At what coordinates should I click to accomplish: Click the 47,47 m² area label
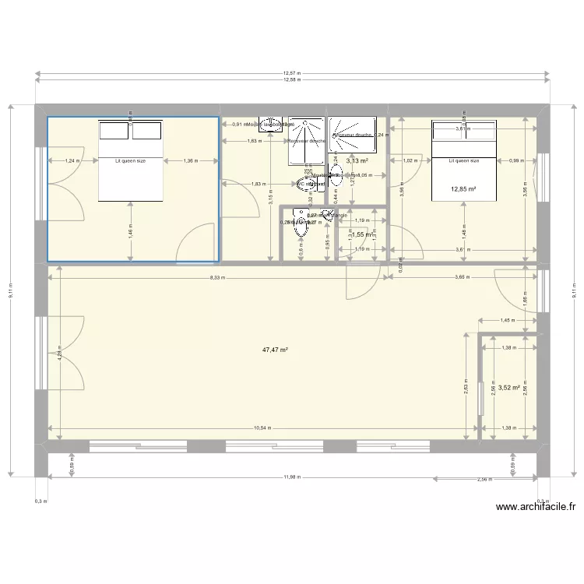pos(275,350)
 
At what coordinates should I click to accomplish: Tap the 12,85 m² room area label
pos(463,188)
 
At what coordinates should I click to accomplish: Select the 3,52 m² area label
pos(508,387)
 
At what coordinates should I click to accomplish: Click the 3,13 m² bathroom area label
pos(357,160)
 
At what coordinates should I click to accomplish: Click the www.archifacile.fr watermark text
pos(536,506)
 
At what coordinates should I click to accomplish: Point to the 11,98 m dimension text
pos(292,477)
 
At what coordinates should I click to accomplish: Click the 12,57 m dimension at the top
pos(292,72)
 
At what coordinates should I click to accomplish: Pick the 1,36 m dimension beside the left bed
pos(189,161)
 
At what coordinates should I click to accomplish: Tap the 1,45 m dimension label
pos(507,320)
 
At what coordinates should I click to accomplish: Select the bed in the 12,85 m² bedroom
pos(464,160)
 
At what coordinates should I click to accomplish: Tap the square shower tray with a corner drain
pos(352,135)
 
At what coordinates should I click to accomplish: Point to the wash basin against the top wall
pos(272,125)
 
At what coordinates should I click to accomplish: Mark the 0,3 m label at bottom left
pos(40,502)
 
